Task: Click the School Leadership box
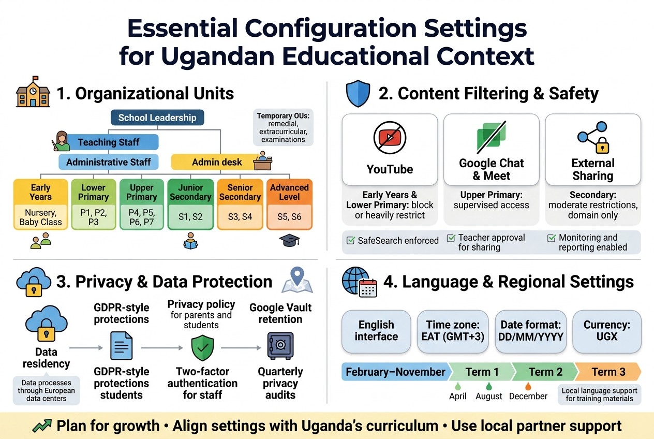(157, 118)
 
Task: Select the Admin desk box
(217, 162)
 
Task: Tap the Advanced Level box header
(289, 193)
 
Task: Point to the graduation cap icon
(289, 240)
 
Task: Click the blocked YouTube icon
(390, 137)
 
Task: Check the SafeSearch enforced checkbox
(350, 240)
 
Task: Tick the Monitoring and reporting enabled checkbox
(552, 238)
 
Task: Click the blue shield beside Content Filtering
(358, 94)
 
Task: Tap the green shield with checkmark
(202, 348)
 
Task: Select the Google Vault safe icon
(280, 346)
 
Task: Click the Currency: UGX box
(606, 331)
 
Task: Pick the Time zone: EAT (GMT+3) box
(453, 331)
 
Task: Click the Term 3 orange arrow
(608, 372)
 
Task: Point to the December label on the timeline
(528, 396)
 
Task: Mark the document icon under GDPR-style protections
(122, 346)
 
